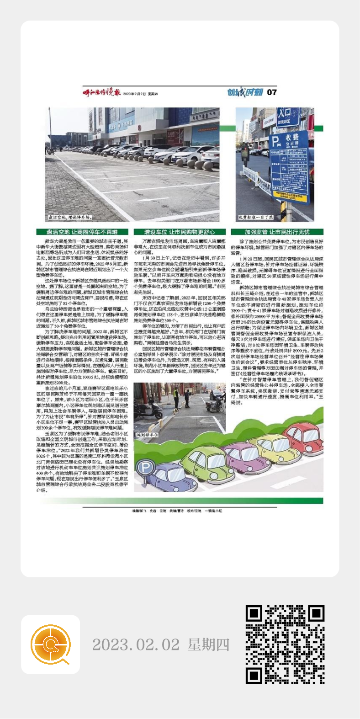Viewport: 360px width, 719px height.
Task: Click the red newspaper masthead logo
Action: pyautogui.click(x=101, y=92)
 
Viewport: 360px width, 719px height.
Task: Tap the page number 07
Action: pyautogui.click(x=272, y=92)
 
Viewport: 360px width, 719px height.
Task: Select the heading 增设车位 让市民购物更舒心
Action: pyautogui.click(x=180, y=232)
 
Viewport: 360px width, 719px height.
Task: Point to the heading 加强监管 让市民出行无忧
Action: pyautogui.click(x=277, y=232)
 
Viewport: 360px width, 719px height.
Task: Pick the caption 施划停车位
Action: pyautogui.click(x=148, y=435)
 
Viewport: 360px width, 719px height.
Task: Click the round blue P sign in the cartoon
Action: pyautogui.click(x=145, y=468)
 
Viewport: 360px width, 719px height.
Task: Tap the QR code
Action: pyautogui.click(x=285, y=644)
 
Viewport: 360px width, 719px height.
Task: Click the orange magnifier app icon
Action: pyautogui.click(x=50, y=644)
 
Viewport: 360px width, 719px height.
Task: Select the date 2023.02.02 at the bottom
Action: pyautogui.click(x=136, y=645)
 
